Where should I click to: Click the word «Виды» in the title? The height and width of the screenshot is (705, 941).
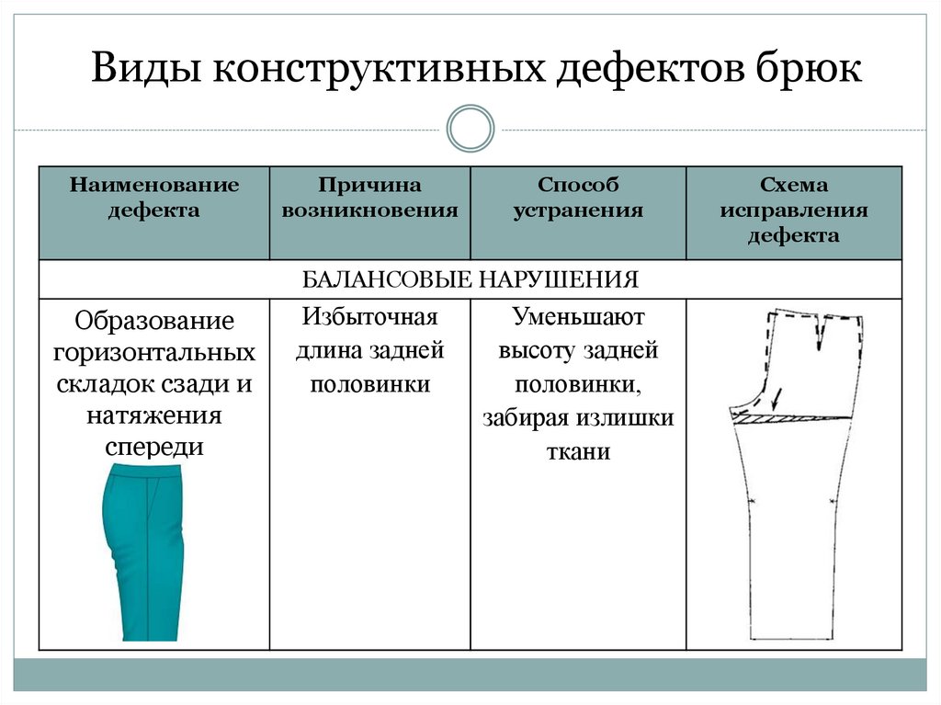[x=146, y=70]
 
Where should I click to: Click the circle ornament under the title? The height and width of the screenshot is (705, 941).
[x=470, y=129]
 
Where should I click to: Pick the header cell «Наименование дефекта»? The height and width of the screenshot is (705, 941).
[x=153, y=198]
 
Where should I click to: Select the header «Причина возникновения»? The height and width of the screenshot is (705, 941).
[x=369, y=198]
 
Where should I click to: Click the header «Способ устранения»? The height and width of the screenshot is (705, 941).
[x=578, y=198]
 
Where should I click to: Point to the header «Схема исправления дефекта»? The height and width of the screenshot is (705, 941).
[x=794, y=210]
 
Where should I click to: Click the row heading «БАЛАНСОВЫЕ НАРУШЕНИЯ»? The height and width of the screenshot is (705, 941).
[x=470, y=279]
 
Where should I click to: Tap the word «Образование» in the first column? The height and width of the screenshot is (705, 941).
[x=154, y=323]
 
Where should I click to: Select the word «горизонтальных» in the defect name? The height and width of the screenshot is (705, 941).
[x=154, y=353]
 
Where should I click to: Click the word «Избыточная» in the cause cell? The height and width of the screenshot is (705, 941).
[x=369, y=318]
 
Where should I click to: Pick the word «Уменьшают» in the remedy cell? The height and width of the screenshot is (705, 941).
[x=578, y=318]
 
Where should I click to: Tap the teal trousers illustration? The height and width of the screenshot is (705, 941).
[x=144, y=551]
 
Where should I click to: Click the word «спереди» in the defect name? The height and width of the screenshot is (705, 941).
[x=154, y=447]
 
